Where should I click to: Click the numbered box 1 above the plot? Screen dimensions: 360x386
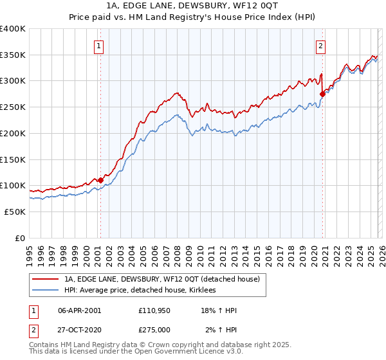click(99, 46)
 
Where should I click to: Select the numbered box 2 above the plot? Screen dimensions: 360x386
click(320, 46)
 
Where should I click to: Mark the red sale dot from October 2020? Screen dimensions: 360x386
click(322, 94)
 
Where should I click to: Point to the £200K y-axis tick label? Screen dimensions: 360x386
click(12, 133)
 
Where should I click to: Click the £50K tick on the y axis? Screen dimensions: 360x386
click(14, 212)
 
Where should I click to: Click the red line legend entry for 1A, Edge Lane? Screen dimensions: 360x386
click(161, 279)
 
